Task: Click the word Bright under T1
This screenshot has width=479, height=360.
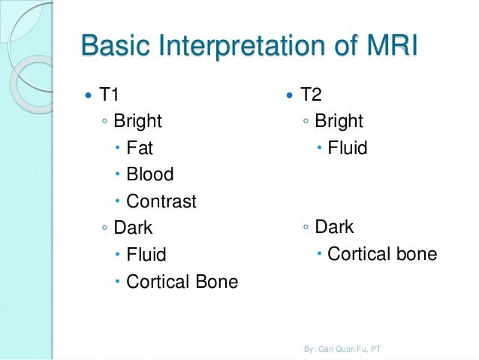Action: point(137,121)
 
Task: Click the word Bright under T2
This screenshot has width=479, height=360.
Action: point(339,121)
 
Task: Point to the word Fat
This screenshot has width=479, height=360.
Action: point(140,148)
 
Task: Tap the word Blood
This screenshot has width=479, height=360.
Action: point(150,174)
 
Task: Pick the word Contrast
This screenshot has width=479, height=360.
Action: point(161,201)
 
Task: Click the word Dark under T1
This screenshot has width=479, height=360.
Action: point(133,227)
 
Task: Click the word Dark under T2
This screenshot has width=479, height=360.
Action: point(334,227)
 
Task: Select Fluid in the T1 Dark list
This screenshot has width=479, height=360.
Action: point(146,255)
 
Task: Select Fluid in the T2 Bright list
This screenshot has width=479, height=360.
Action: point(347,148)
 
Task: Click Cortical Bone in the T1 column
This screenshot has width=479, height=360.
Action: point(182,282)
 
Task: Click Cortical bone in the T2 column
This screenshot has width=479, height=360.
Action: point(382,255)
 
